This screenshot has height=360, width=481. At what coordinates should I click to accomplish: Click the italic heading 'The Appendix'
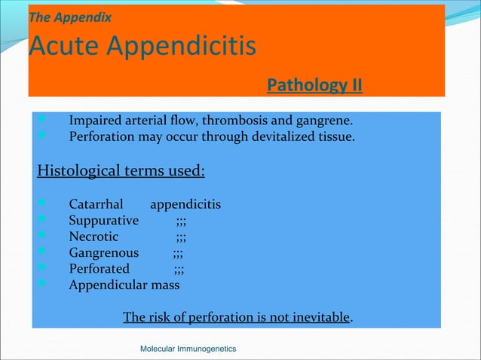click(69, 16)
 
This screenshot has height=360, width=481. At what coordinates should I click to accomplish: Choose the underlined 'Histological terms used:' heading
click(121, 170)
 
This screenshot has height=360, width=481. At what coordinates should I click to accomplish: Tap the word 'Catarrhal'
click(96, 204)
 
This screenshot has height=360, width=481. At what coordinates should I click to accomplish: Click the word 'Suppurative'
click(103, 221)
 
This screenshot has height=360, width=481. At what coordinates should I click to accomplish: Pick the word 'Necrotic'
click(93, 236)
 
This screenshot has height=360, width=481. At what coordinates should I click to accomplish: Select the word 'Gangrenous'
click(103, 253)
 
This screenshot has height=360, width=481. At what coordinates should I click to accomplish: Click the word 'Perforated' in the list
click(99, 269)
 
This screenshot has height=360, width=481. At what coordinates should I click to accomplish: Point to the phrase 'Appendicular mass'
click(124, 285)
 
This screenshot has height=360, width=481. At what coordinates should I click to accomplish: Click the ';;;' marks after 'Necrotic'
click(182, 237)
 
